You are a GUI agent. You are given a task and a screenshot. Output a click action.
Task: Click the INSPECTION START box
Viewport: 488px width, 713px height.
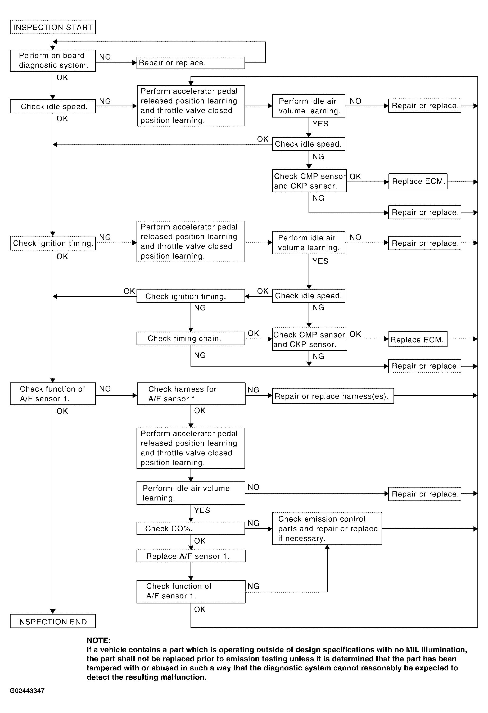(x=53, y=27)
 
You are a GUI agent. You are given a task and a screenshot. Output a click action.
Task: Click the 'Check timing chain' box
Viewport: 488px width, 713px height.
(x=191, y=339)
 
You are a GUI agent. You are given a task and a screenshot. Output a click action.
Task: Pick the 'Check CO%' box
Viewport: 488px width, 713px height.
(x=191, y=528)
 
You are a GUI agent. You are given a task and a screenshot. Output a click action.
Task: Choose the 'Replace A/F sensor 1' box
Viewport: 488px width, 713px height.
(x=191, y=556)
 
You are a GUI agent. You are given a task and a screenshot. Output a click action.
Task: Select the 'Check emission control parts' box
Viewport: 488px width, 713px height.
(x=327, y=528)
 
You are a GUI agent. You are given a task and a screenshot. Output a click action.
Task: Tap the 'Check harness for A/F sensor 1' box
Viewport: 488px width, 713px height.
(x=191, y=394)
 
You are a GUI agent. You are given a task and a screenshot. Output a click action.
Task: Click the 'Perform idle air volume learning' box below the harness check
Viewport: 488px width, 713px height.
(x=191, y=493)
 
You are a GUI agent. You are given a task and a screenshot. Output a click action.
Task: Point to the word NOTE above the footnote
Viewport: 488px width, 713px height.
(x=98, y=640)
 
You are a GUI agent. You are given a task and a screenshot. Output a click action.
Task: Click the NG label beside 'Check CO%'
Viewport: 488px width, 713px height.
(x=253, y=523)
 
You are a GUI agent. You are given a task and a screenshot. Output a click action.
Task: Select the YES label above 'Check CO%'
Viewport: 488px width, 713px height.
(x=202, y=510)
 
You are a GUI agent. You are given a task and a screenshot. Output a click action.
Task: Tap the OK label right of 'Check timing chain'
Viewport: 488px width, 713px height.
(x=253, y=333)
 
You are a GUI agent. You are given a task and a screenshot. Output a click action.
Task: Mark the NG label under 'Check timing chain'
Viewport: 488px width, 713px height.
(x=200, y=355)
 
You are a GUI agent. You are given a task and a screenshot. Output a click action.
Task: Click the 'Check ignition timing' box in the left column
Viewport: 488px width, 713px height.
(x=53, y=243)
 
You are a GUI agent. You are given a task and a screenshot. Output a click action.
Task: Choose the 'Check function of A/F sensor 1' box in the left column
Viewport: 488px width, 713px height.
(x=53, y=394)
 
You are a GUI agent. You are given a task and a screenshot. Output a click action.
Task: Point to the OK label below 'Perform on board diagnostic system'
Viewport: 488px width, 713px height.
(x=62, y=77)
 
